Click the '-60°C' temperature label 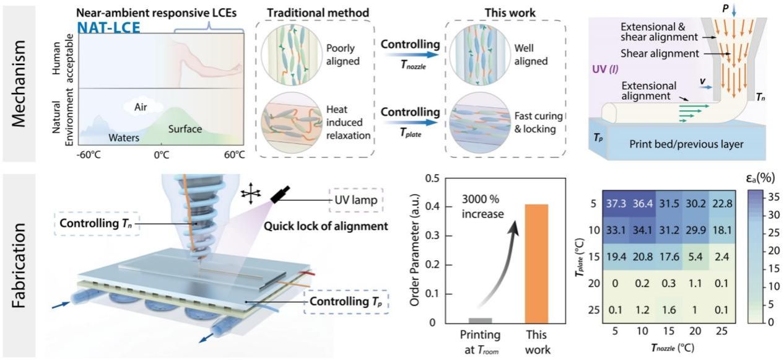tap(90, 154)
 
